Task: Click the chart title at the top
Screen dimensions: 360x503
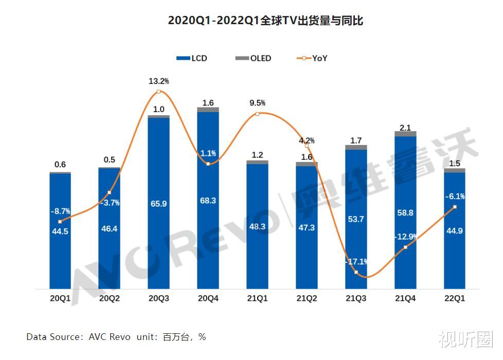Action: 265,21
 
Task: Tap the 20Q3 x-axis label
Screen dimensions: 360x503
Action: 158,298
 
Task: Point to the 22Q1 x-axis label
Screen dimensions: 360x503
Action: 454,298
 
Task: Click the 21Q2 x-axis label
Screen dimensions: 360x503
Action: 307,298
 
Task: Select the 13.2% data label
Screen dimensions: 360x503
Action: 158,81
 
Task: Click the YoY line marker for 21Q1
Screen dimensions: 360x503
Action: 257,114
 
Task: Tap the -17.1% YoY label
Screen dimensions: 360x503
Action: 356,262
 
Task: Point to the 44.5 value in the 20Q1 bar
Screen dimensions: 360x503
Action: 60,231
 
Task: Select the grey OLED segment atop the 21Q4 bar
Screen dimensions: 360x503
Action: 405,134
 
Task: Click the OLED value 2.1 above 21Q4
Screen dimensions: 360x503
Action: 405,127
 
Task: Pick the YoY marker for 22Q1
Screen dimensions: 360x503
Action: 455,207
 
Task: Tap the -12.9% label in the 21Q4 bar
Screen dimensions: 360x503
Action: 406,237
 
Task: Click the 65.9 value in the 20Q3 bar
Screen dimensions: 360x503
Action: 158,204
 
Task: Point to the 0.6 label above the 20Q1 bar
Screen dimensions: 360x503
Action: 60,165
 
